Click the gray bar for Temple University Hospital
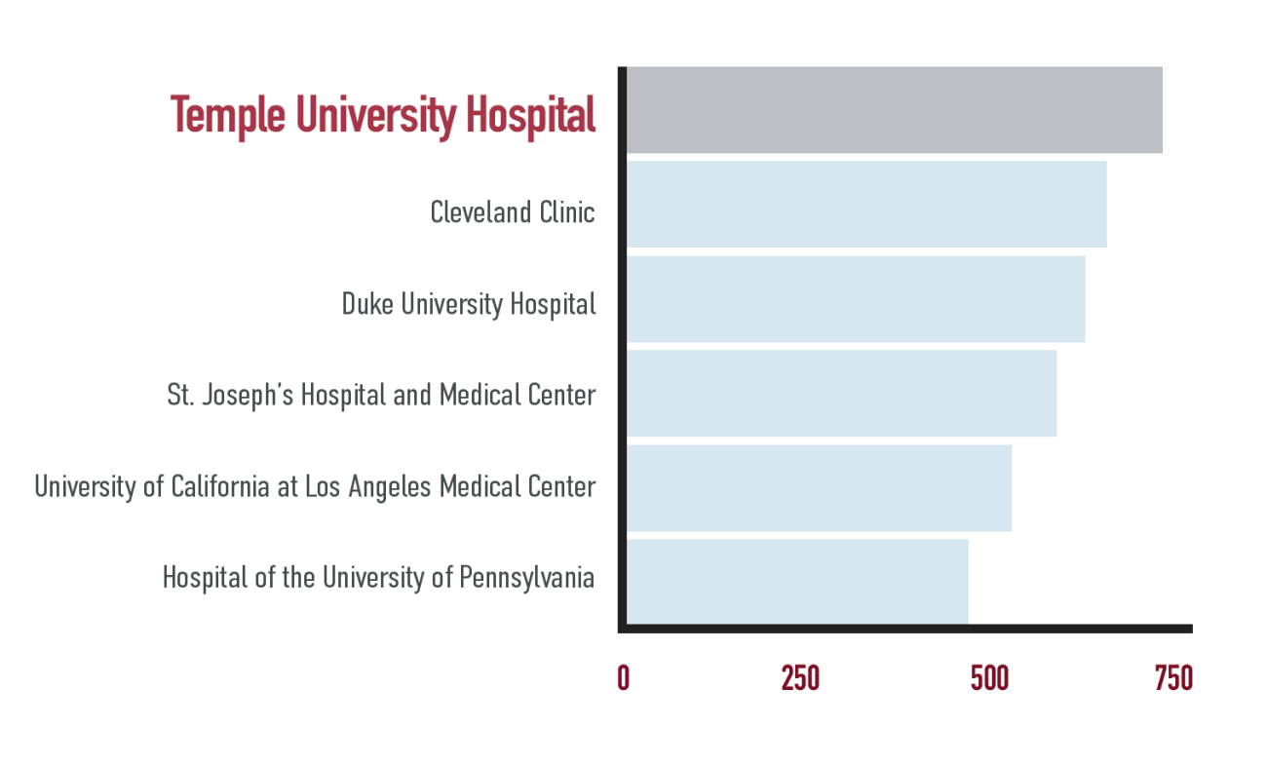coord(893,110)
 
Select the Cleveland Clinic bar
coord(865,204)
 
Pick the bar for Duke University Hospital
coord(855,298)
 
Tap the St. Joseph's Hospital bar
coord(840,393)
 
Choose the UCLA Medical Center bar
coord(818,487)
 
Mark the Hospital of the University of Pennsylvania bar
coord(796,581)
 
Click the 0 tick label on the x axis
coord(623,678)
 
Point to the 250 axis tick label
coord(800,678)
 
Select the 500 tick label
coord(989,678)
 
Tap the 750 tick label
coord(1173,678)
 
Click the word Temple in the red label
coord(228,116)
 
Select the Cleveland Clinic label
coord(513,211)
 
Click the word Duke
coord(367,304)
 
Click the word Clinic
coord(565,211)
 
